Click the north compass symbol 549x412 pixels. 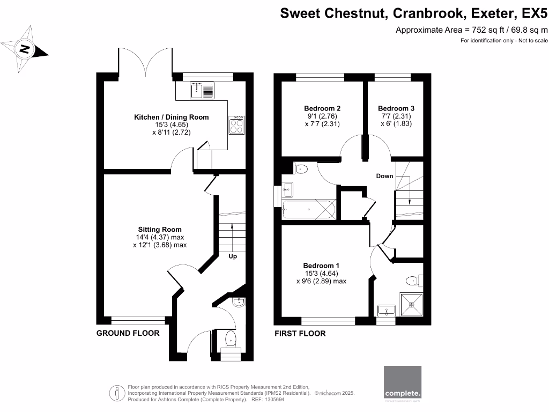(25, 50)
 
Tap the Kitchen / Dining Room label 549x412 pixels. (171, 117)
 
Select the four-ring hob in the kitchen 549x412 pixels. (236, 126)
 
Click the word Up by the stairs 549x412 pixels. (233, 256)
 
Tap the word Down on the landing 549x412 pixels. (384, 176)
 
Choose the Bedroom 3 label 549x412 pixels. (396, 108)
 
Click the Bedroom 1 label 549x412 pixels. (321, 266)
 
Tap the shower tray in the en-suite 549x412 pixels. (412, 304)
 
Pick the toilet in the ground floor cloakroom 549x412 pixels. (230, 339)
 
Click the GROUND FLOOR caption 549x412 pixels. (128, 333)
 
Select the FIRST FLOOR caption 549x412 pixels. (300, 333)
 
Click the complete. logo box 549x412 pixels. (403, 383)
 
